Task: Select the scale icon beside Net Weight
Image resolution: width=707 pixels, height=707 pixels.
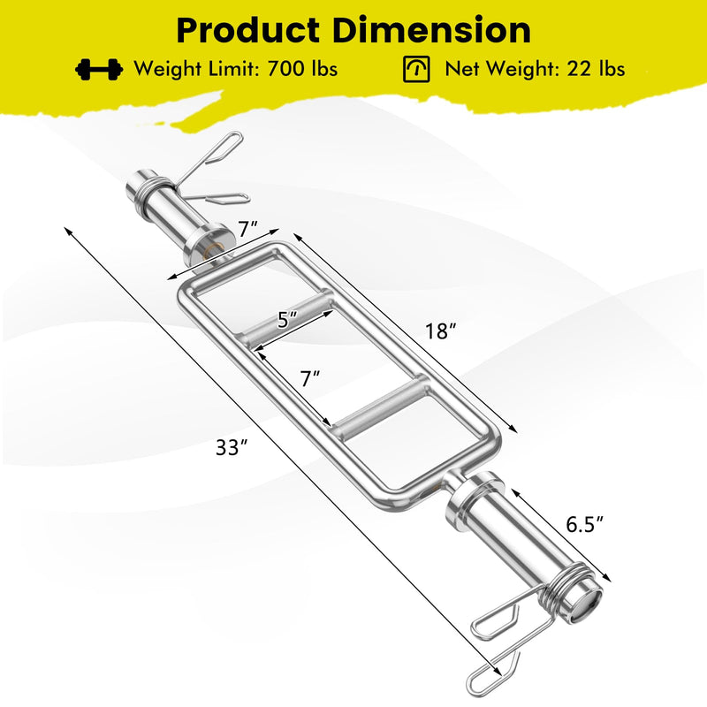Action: tap(416, 69)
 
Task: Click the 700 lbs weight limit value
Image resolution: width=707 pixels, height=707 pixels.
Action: tap(300, 69)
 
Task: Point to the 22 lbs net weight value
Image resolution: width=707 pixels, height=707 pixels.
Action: tap(596, 69)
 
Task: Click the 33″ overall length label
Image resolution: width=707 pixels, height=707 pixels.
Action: tap(228, 448)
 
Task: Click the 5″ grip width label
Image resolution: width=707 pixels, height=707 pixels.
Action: tap(283, 321)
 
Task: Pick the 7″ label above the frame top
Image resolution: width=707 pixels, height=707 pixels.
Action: tap(247, 228)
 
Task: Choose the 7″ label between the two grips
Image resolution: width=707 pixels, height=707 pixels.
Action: tap(309, 379)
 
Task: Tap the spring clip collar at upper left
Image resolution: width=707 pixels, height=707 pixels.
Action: tap(200, 170)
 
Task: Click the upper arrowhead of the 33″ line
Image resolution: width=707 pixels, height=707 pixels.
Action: tap(67, 229)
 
